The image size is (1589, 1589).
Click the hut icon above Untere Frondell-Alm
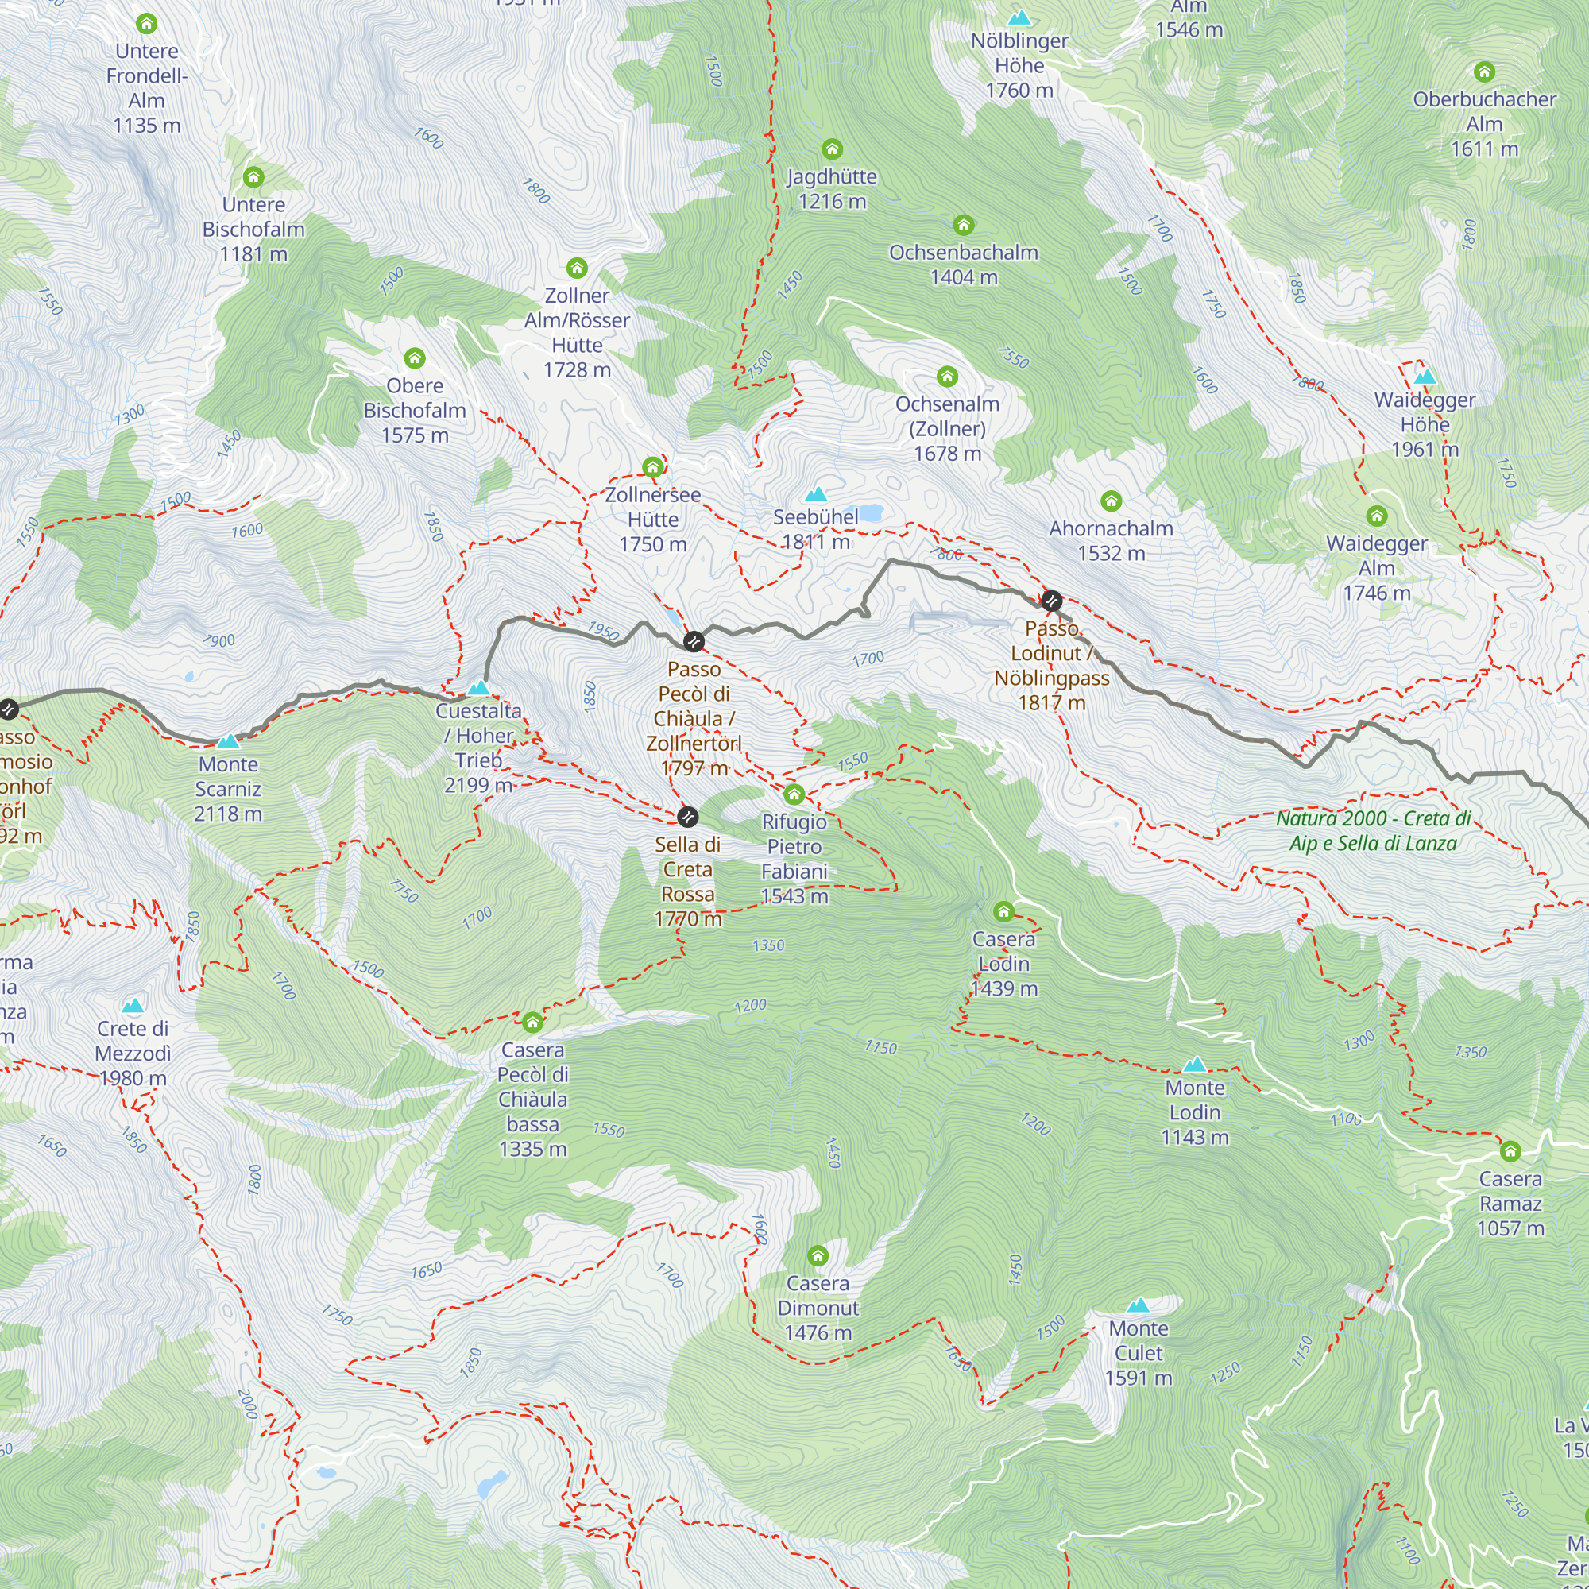click(x=146, y=23)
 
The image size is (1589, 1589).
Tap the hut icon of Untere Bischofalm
click(x=253, y=177)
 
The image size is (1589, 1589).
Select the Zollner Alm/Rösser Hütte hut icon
click(x=577, y=268)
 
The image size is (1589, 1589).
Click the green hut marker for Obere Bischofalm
click(x=415, y=358)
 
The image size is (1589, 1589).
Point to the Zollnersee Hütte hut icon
click(x=652, y=467)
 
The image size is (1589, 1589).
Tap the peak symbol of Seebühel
click(x=815, y=494)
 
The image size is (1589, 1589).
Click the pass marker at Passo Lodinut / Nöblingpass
click(x=1050, y=601)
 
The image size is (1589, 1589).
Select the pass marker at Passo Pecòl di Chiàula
click(x=694, y=641)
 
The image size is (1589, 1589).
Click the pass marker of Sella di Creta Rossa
click(x=687, y=817)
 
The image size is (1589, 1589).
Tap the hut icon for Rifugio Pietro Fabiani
click(x=794, y=794)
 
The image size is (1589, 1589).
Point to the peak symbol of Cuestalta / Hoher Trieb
click(x=478, y=687)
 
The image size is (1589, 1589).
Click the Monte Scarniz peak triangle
click(x=228, y=742)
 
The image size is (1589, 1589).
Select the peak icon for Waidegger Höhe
click(x=1425, y=377)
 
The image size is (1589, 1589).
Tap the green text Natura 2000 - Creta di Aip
click(x=1373, y=831)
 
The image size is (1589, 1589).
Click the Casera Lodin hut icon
click(x=1003, y=911)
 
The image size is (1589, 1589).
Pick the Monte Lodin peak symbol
click(x=1194, y=1065)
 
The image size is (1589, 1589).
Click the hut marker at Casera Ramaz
click(x=1510, y=1151)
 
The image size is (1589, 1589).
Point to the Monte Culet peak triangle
click(x=1139, y=1305)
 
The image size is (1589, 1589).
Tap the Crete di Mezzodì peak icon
click(x=133, y=1006)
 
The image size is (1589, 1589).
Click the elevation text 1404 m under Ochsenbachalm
click(x=963, y=278)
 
